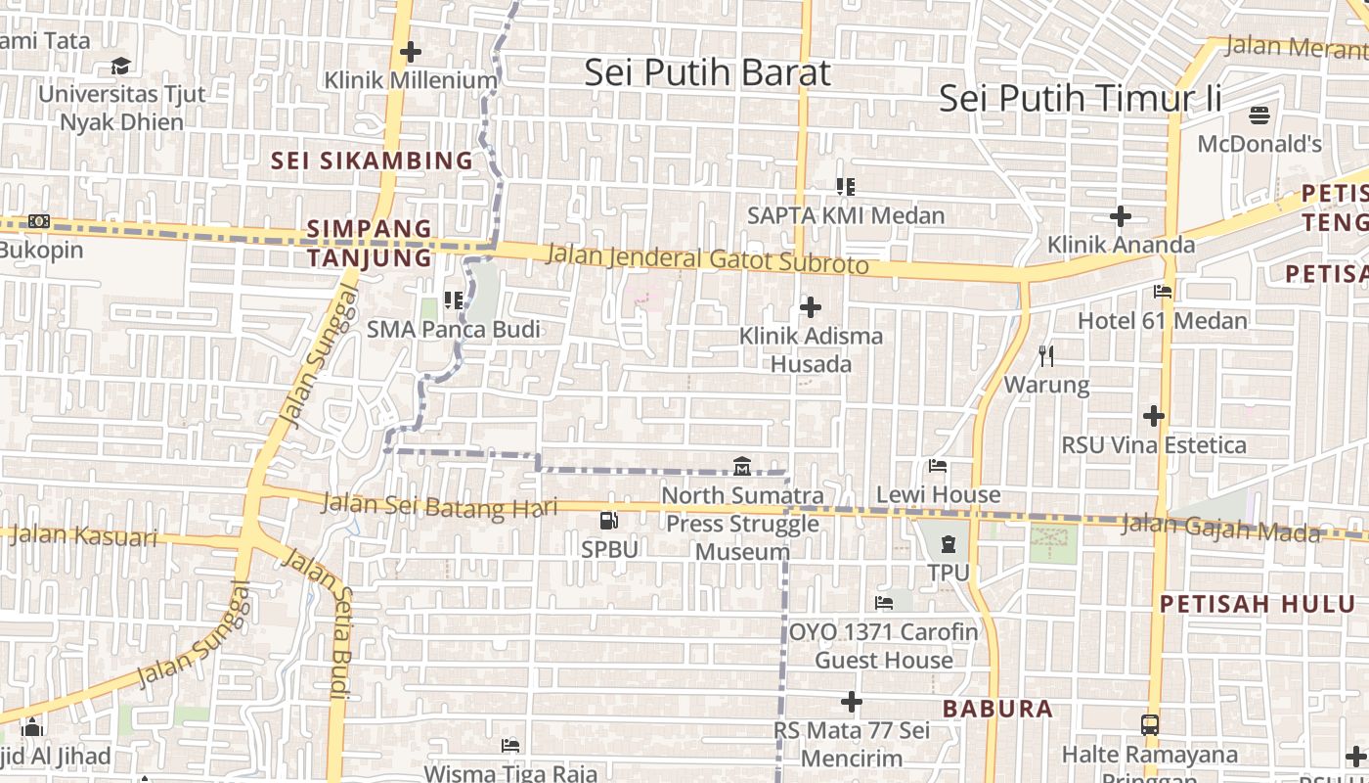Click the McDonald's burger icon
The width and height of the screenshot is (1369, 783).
coord(1259,115)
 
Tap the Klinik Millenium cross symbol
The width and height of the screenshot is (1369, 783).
coord(411,51)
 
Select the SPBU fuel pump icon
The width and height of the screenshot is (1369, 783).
coord(608,521)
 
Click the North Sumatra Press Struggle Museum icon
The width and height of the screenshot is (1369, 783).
coord(741,466)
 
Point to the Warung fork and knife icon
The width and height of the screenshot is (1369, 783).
coord(1046,354)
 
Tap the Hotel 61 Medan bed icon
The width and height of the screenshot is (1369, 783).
coord(1163,292)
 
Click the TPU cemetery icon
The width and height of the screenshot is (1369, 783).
coord(948,543)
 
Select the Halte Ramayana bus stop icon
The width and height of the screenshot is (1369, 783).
coord(1150,725)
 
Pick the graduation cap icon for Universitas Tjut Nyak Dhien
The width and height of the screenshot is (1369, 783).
coord(121,66)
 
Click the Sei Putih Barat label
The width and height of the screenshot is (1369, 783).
coord(707,73)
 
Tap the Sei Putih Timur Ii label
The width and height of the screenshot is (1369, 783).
coord(1081,99)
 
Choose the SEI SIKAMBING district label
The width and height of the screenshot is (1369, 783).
coord(372,161)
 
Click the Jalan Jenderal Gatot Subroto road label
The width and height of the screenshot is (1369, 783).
coord(707,260)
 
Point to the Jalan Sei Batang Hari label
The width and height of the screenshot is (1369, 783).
coord(439,505)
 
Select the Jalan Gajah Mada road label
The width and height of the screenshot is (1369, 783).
coord(1219,528)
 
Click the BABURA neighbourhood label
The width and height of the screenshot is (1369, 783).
coord(997,709)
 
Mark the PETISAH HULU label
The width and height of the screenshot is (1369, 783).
coord(1258,604)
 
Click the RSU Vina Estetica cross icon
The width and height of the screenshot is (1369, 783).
coord(1154,416)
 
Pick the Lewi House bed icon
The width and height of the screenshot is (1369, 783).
coord(938,466)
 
